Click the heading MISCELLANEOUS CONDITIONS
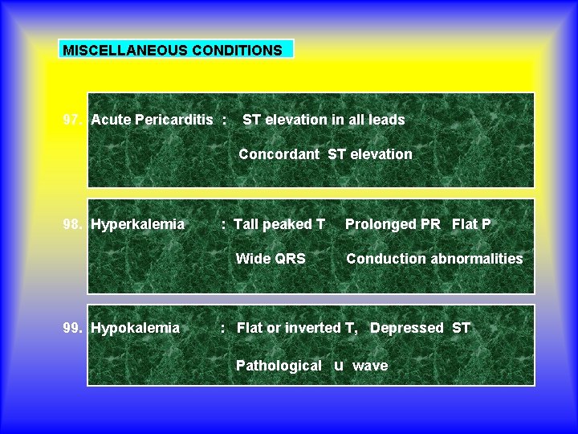pyautogui.click(x=173, y=50)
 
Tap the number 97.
pyautogui.click(x=72, y=120)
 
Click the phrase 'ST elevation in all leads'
pyautogui.click(x=324, y=120)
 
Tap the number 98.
pyautogui.click(x=72, y=224)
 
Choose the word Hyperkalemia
pyautogui.click(x=138, y=224)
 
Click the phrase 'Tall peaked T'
pyautogui.click(x=279, y=224)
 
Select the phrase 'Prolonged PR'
pyautogui.click(x=393, y=224)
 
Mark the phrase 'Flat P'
pyautogui.click(x=471, y=224)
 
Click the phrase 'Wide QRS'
pyautogui.click(x=271, y=259)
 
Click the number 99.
pyautogui.click(x=72, y=328)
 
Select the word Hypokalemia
pyautogui.click(x=136, y=328)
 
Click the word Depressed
pyautogui.click(x=406, y=328)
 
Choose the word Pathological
pyautogui.click(x=279, y=366)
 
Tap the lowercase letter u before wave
pyautogui.click(x=338, y=366)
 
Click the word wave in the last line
pyautogui.click(x=370, y=366)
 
